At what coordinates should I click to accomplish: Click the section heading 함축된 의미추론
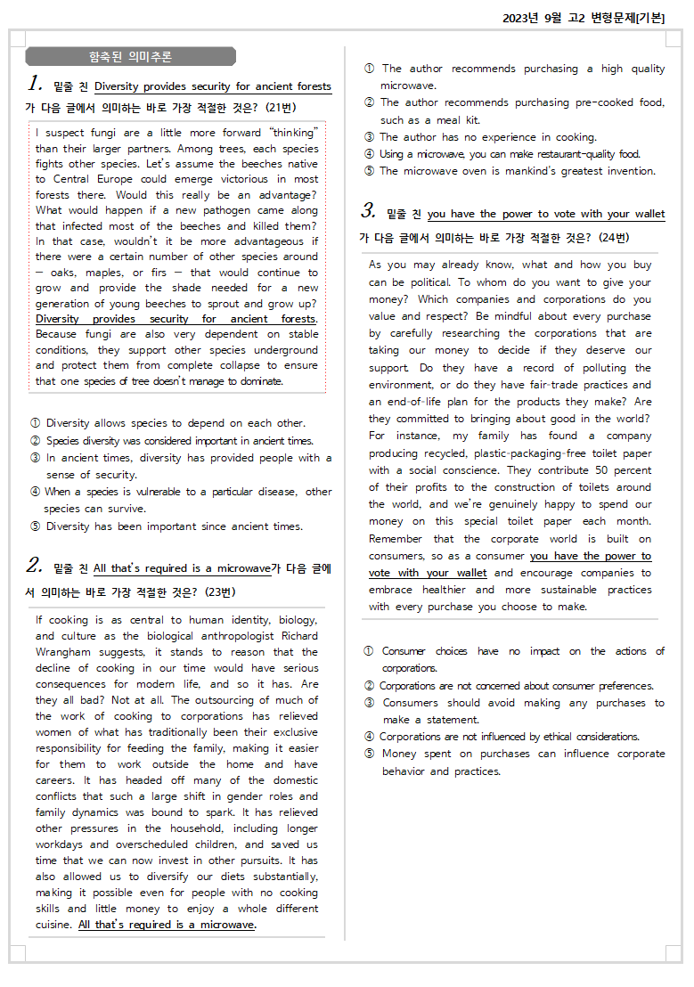click(130, 57)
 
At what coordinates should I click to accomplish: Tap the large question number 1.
click(36, 85)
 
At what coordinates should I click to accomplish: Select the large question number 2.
click(35, 566)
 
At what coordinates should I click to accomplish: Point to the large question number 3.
click(369, 212)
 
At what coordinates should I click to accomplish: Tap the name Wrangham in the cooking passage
click(61, 652)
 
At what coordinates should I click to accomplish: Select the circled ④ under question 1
click(36, 492)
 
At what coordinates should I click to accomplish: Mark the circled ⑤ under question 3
click(369, 754)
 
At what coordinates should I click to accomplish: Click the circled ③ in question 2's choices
click(369, 137)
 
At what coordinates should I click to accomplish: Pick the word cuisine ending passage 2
click(53, 925)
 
